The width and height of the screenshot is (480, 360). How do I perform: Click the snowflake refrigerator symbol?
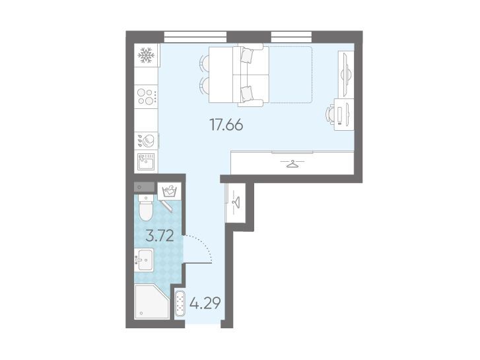pos(147,55)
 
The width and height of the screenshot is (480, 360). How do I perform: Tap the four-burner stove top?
pos(146,96)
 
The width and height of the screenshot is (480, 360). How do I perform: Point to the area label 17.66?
pos(226,125)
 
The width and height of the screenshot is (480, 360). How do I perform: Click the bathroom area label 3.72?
pos(160,236)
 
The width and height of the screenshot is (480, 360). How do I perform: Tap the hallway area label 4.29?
pos(205,304)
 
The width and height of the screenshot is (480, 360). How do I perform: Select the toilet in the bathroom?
pos(145,207)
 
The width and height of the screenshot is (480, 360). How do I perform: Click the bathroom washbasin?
pos(144,260)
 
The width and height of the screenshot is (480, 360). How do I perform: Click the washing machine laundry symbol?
pos(169,191)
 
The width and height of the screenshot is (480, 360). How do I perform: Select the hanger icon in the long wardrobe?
pos(292,164)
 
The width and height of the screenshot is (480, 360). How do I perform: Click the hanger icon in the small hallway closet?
pos(236,202)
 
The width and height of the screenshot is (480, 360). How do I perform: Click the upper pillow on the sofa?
pos(247,55)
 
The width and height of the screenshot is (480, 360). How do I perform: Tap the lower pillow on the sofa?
pos(247,93)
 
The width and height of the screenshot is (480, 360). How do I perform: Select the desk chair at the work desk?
pos(329,114)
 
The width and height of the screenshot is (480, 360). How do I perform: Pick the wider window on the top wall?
pos(195,37)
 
